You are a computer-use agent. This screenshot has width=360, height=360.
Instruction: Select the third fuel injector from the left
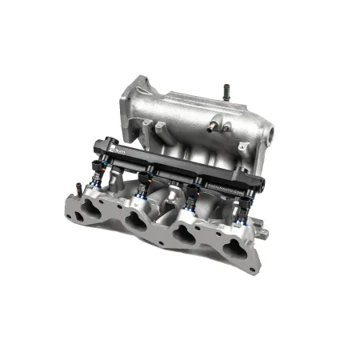[192, 198]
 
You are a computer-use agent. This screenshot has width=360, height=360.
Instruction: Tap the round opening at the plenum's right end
[270, 130]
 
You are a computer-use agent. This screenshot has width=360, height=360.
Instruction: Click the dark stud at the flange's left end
[77, 190]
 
